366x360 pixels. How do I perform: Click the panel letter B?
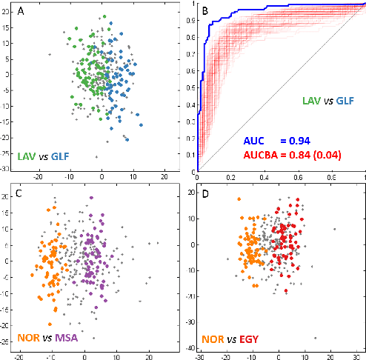click(x=205, y=12)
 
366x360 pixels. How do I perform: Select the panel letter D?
click(x=205, y=194)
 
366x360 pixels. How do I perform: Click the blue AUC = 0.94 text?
click(x=282, y=141)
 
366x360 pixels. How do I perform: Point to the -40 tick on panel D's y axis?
click(x=190, y=348)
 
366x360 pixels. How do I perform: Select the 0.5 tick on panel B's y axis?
click(x=190, y=87)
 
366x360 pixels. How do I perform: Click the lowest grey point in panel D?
click(x=315, y=338)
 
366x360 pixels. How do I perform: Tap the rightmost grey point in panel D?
click(x=334, y=229)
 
